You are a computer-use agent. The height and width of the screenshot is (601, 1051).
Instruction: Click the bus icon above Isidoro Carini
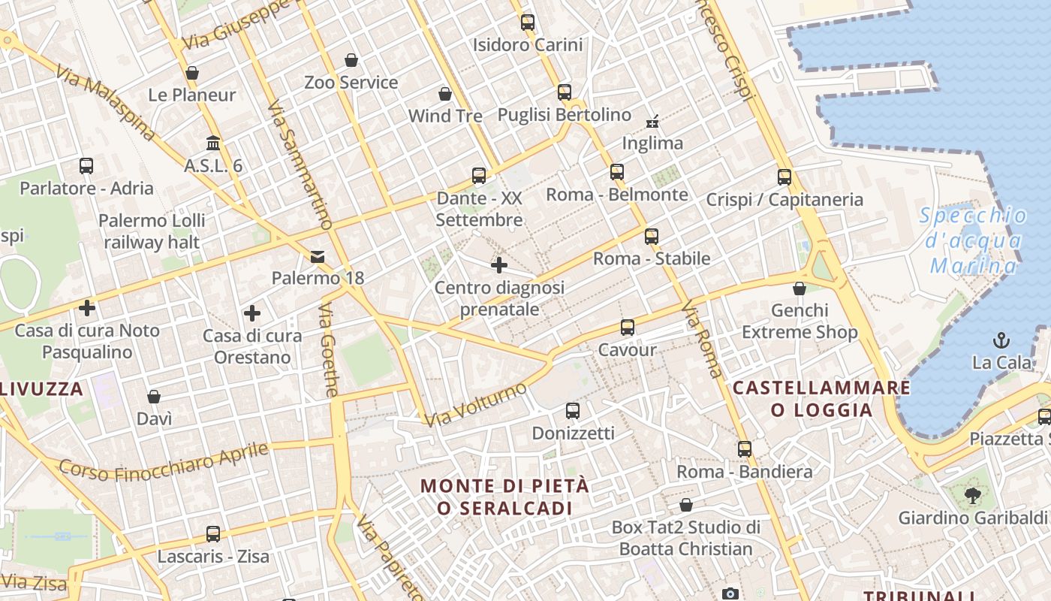[x=528, y=22]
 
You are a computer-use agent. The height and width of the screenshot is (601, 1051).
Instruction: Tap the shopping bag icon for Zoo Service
[x=351, y=60]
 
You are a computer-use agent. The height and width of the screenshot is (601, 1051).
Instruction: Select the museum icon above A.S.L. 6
[x=213, y=143]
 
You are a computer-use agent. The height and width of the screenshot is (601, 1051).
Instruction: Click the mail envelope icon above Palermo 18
[x=318, y=257]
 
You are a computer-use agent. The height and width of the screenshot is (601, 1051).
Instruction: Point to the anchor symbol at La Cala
[x=1001, y=340]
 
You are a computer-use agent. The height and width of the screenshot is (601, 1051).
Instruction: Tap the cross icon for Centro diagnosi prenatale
[x=499, y=265]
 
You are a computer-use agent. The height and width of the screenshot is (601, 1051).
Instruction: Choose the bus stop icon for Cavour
[x=628, y=328]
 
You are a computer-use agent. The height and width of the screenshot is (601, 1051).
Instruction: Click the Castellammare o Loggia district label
[x=821, y=399]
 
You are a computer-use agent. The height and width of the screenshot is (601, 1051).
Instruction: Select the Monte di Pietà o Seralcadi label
[x=505, y=497]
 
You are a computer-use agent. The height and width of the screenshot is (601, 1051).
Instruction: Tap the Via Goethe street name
[x=328, y=350]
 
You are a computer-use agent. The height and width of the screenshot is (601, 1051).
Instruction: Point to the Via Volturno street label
[x=476, y=404]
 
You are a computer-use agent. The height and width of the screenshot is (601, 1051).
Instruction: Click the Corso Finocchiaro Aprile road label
[x=164, y=461]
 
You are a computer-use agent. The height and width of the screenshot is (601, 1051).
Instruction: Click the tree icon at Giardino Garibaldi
[x=972, y=496]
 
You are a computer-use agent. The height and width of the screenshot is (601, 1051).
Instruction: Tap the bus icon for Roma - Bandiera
[x=745, y=449]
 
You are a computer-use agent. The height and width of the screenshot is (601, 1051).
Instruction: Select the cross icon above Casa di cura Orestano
[x=252, y=313]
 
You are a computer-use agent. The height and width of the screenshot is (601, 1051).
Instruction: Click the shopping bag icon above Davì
[x=154, y=397]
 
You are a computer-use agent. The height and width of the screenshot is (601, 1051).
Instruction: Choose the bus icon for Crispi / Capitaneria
[x=784, y=177]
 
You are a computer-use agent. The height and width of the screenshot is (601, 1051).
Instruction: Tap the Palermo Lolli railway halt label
[x=152, y=231]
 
